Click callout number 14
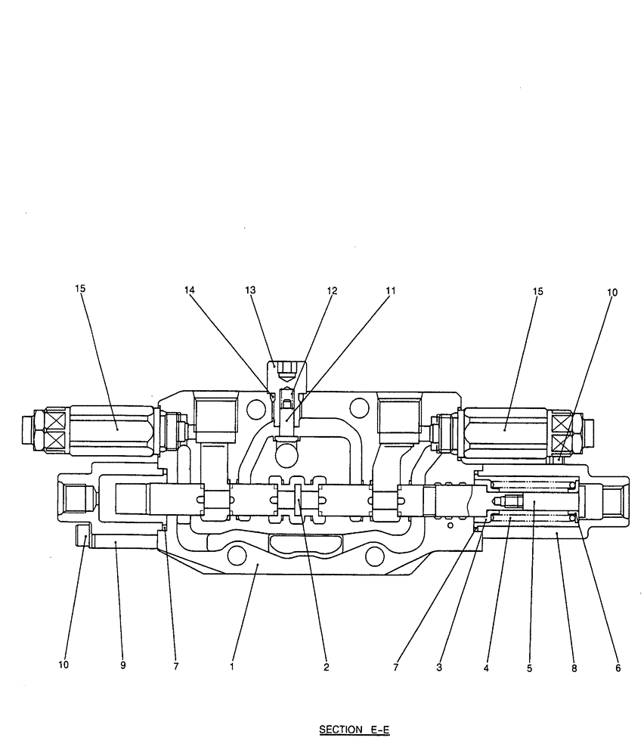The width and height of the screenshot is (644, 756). (x=188, y=290)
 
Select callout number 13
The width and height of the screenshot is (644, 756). (x=251, y=290)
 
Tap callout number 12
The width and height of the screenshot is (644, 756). (x=333, y=290)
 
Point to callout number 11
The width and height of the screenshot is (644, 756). (x=390, y=290)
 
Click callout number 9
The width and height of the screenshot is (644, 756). (x=122, y=666)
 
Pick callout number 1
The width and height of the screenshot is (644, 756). (x=232, y=667)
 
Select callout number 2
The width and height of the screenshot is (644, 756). (x=327, y=667)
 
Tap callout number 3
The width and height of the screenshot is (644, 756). (x=438, y=667)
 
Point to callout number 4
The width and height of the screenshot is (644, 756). (x=487, y=668)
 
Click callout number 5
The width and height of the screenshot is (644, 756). (x=529, y=668)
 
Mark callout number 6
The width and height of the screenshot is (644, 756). (x=618, y=668)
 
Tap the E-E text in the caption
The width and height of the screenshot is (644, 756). (x=379, y=730)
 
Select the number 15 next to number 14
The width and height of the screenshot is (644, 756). (x=81, y=288)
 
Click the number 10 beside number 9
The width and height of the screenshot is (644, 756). (x=63, y=666)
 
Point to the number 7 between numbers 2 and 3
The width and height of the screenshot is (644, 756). (x=396, y=667)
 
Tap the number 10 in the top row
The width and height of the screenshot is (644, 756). (x=612, y=292)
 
